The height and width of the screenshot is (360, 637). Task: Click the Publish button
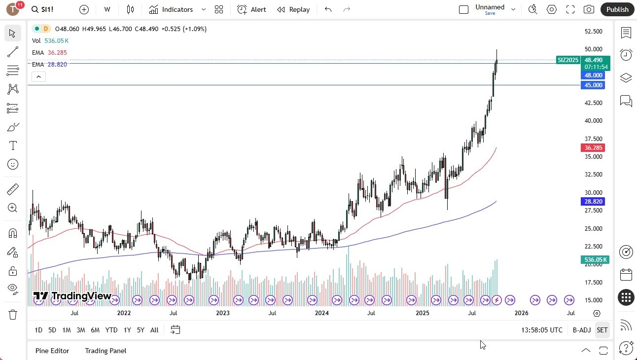[617, 9]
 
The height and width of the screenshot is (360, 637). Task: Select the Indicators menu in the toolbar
[177, 9]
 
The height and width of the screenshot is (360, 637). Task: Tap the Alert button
[251, 9]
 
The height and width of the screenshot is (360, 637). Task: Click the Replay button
[293, 9]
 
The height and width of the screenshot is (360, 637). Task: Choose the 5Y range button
[141, 330]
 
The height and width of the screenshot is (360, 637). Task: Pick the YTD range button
[111, 330]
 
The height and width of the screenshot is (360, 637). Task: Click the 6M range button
[95, 330]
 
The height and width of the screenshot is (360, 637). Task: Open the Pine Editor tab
[52, 351]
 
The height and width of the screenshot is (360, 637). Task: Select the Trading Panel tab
[106, 351]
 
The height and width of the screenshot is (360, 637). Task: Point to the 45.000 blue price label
[593, 85]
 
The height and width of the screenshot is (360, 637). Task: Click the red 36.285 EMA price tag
[593, 148]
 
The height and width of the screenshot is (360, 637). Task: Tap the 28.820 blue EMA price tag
[593, 202]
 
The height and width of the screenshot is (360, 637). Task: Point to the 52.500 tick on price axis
[593, 32]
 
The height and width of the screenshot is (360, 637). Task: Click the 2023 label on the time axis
[222, 313]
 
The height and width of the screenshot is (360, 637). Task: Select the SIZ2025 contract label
[568, 60]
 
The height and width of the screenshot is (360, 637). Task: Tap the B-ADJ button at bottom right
[582, 330]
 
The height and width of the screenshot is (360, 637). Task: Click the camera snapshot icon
[589, 9]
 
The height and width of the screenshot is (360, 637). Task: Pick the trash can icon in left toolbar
[13, 314]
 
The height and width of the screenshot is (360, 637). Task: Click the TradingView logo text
[72, 296]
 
